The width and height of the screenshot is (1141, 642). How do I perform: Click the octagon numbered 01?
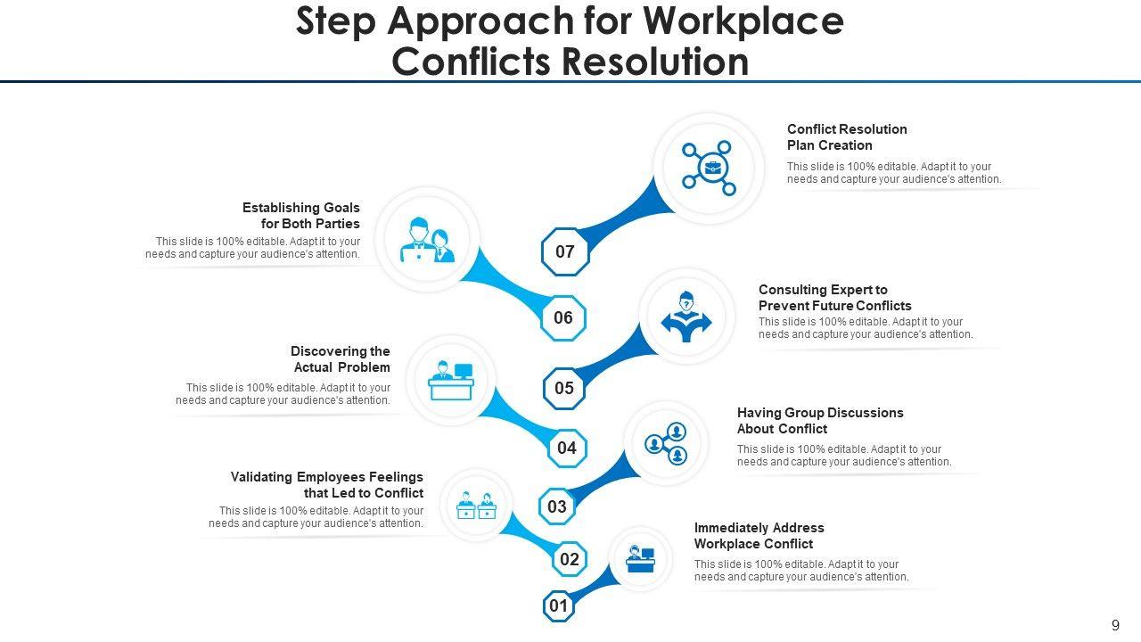559,607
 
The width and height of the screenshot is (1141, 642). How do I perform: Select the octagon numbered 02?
570,560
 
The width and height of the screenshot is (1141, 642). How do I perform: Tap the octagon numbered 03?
557,507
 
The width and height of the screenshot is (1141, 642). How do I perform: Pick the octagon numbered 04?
567,448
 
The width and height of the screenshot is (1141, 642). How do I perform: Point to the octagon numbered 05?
564,389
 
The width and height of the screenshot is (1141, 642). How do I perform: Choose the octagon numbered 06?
563,318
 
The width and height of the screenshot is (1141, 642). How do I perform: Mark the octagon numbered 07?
565,251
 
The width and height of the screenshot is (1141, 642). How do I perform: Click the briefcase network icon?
709,168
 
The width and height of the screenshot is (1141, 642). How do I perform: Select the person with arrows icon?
686,317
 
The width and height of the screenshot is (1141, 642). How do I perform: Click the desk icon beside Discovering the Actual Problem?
451,381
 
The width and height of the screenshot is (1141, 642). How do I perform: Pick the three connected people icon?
667,443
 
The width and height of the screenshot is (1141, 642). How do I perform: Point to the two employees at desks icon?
476,506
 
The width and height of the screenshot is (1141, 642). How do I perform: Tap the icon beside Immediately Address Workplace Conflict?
640,559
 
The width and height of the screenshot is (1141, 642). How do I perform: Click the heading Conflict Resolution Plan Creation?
847,137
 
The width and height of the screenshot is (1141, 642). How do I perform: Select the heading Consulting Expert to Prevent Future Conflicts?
834,298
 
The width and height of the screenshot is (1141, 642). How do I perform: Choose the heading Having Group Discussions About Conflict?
820,421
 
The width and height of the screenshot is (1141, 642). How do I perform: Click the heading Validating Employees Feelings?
327,485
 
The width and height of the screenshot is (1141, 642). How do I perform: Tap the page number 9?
1115,625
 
